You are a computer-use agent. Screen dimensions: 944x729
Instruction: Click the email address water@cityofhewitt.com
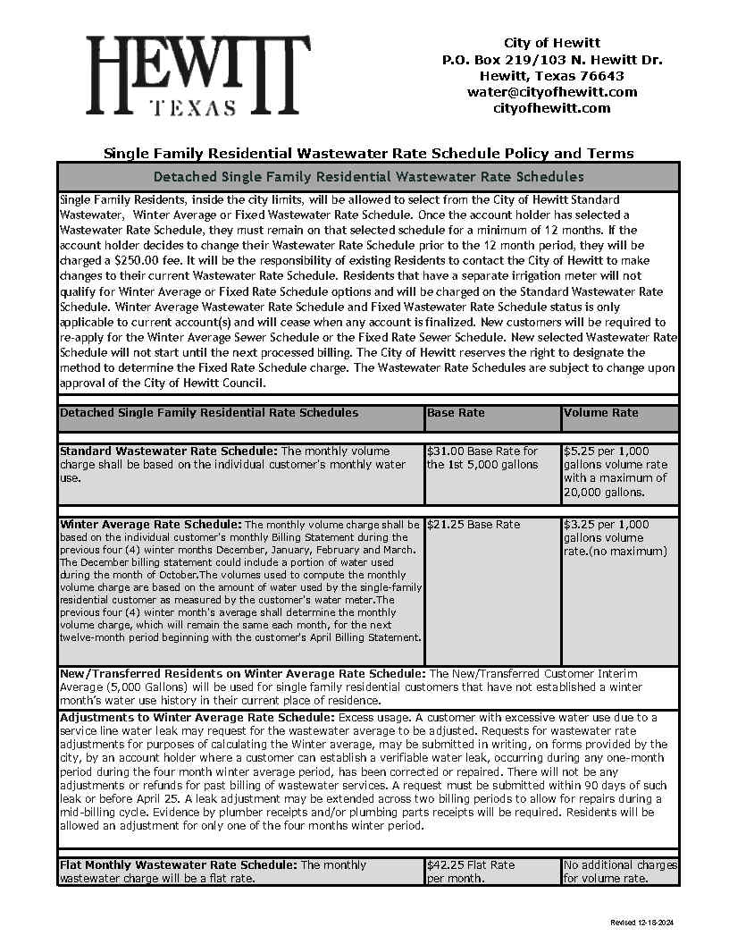[x=551, y=92]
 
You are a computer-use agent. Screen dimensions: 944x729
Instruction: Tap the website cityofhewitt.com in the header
[x=551, y=108]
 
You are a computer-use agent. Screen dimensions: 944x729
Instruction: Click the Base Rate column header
[x=457, y=413]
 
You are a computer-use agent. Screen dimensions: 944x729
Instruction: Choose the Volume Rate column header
[x=601, y=413]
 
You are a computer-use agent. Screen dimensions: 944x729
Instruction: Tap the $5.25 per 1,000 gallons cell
[x=618, y=471]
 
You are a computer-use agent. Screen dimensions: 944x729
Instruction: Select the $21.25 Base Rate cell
[x=473, y=525]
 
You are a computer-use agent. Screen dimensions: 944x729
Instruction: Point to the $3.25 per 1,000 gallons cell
[x=615, y=537]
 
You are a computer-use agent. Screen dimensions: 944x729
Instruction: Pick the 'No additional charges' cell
[x=620, y=871]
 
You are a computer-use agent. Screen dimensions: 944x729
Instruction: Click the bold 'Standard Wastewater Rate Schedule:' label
[x=169, y=451]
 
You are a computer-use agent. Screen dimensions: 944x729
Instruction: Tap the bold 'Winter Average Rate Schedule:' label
[x=150, y=524]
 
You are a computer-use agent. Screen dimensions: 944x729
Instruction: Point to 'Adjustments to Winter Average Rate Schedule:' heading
[x=197, y=717]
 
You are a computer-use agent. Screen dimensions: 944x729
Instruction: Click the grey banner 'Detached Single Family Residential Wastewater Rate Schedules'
[x=368, y=177]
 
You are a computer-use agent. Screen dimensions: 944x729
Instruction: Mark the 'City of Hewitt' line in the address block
[x=551, y=43]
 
